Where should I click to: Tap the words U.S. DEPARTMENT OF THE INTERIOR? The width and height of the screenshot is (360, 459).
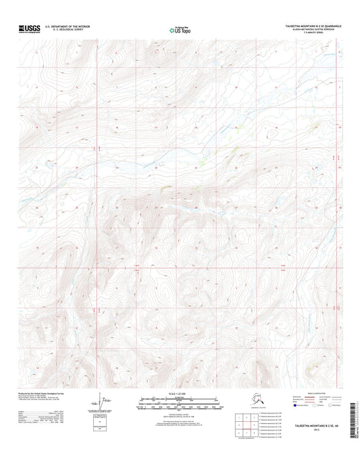tap(72, 26)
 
